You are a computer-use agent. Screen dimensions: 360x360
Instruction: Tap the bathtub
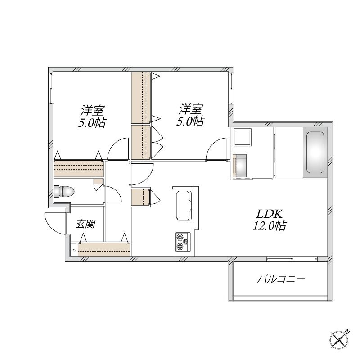315,153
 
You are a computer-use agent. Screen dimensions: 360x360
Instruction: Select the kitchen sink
184,206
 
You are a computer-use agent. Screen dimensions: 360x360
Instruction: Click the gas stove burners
183,242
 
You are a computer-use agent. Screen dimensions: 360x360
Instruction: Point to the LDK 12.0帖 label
269,220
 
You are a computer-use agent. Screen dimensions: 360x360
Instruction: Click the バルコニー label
281,279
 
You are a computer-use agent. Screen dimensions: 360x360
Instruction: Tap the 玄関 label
86,224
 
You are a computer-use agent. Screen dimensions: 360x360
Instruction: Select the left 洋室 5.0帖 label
92,117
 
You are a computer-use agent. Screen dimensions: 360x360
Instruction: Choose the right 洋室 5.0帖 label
190,115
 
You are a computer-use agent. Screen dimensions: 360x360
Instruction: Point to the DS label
73,250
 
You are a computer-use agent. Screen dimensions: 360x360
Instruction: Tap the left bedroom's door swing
117,148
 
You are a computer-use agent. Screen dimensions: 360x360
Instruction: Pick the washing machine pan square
243,137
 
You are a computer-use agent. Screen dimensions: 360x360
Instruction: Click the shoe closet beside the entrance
104,249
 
